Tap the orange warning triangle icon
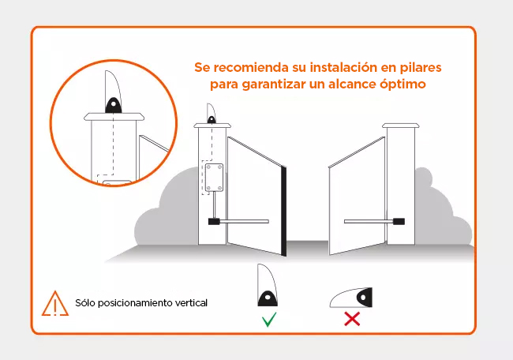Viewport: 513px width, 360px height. point(54,302)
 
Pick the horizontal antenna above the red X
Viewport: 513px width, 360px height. point(352,297)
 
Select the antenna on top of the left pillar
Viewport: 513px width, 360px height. point(212,113)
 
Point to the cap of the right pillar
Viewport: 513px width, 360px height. point(401,126)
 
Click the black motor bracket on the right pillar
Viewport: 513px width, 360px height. point(399,221)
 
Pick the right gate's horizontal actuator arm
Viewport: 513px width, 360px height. point(368,221)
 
